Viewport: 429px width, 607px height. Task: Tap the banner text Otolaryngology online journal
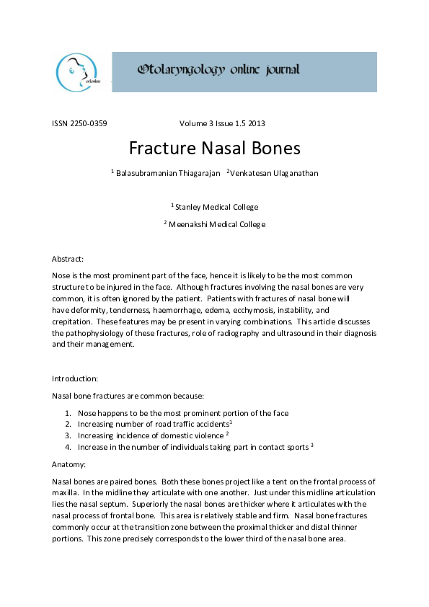(218, 70)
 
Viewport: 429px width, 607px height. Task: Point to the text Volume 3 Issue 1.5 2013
(227, 123)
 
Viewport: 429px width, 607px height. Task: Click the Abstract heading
(68, 258)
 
